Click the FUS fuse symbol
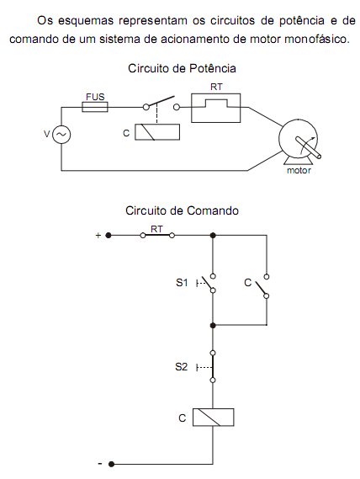[95, 107]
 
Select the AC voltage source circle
[61, 135]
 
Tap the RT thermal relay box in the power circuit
[216, 108]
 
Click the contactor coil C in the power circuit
[157, 132]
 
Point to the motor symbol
[299, 141]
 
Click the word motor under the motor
[299, 170]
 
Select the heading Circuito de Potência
[182, 68]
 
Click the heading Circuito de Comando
[182, 210]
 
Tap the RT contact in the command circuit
[157, 235]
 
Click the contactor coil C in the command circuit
[213, 418]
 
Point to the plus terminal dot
[109, 236]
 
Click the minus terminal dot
[112, 464]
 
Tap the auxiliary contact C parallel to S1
[262, 286]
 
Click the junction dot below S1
[213, 326]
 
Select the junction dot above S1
[213, 236]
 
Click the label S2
[182, 366]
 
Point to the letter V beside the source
[47, 134]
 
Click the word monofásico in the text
[317, 39]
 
